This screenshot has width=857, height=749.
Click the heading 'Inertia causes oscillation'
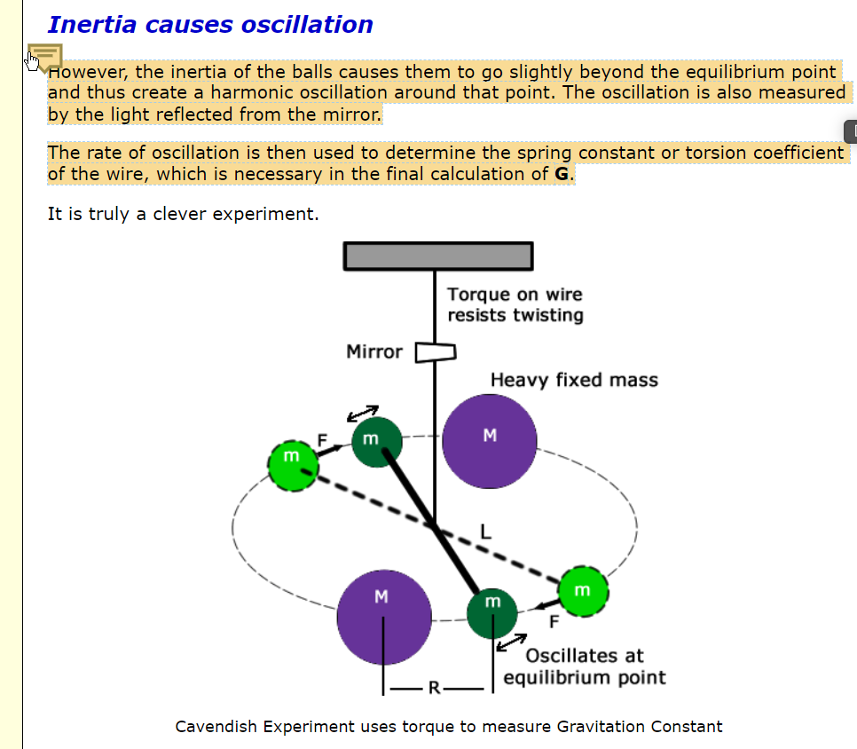(x=210, y=25)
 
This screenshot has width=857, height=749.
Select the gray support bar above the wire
(x=438, y=256)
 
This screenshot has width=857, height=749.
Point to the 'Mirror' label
(x=373, y=352)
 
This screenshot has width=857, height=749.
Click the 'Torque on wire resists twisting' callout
(x=515, y=304)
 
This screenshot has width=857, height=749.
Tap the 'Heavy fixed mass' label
(x=574, y=380)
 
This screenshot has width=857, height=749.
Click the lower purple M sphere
(x=383, y=618)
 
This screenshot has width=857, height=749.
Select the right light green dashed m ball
(x=583, y=590)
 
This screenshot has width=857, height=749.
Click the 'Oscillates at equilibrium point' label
(x=584, y=666)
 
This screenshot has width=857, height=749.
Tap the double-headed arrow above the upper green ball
(x=362, y=413)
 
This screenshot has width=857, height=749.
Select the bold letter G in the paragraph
(x=561, y=174)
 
